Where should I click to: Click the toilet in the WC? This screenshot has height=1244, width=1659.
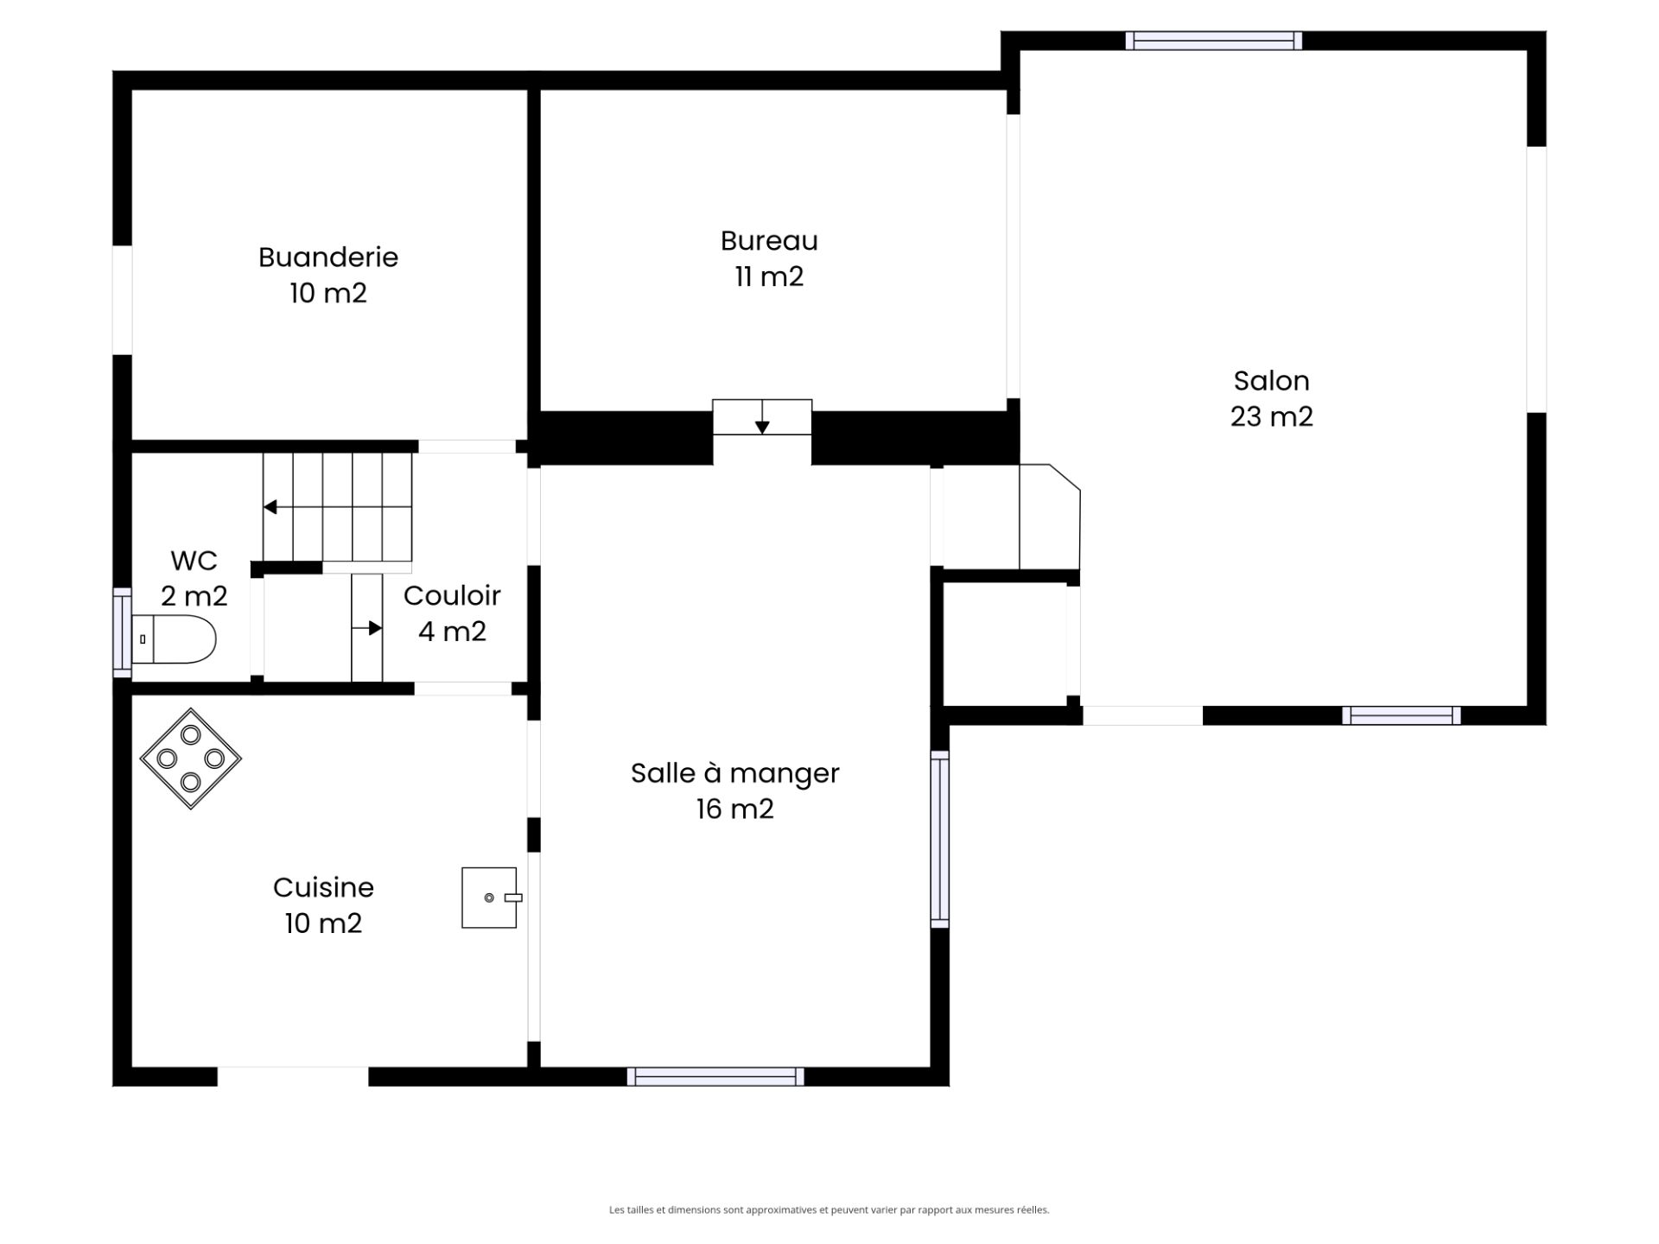173,639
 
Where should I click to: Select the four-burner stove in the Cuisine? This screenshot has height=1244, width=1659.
191,758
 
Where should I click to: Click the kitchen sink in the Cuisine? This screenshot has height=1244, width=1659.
491,898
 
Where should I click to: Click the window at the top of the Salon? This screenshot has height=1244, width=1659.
1214,41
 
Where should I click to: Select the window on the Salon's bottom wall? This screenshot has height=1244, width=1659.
1402,715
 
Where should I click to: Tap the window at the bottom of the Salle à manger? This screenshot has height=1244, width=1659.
715,1076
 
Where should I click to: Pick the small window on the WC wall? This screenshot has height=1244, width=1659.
122,632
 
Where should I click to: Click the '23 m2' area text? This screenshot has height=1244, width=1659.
1271,416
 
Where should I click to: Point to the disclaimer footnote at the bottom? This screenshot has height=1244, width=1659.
829,1210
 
